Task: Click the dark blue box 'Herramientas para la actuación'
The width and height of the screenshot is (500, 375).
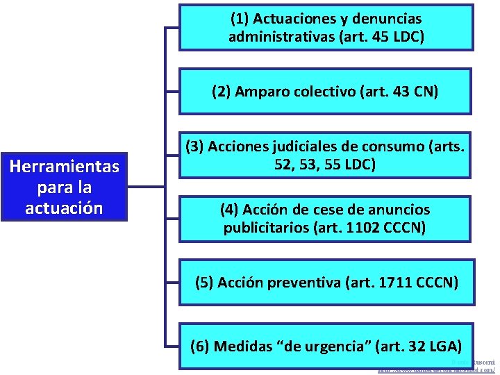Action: [65, 187]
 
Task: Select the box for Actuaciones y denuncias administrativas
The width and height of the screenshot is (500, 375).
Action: [326, 28]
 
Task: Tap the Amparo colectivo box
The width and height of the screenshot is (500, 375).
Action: [326, 92]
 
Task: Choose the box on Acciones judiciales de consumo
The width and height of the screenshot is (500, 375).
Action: [326, 156]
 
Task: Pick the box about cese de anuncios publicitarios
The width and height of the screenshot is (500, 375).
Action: [326, 219]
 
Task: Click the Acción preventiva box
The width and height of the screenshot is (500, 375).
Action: [326, 283]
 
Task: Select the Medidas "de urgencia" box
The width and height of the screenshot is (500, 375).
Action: [326, 345]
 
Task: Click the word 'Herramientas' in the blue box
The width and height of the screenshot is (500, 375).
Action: [65, 167]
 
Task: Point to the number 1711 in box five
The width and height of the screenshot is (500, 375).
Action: [393, 283]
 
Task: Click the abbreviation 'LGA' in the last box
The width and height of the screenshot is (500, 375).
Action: [441, 345]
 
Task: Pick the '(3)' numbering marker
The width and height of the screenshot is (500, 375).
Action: [194, 147]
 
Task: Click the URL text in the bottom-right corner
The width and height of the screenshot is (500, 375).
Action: [451, 371]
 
